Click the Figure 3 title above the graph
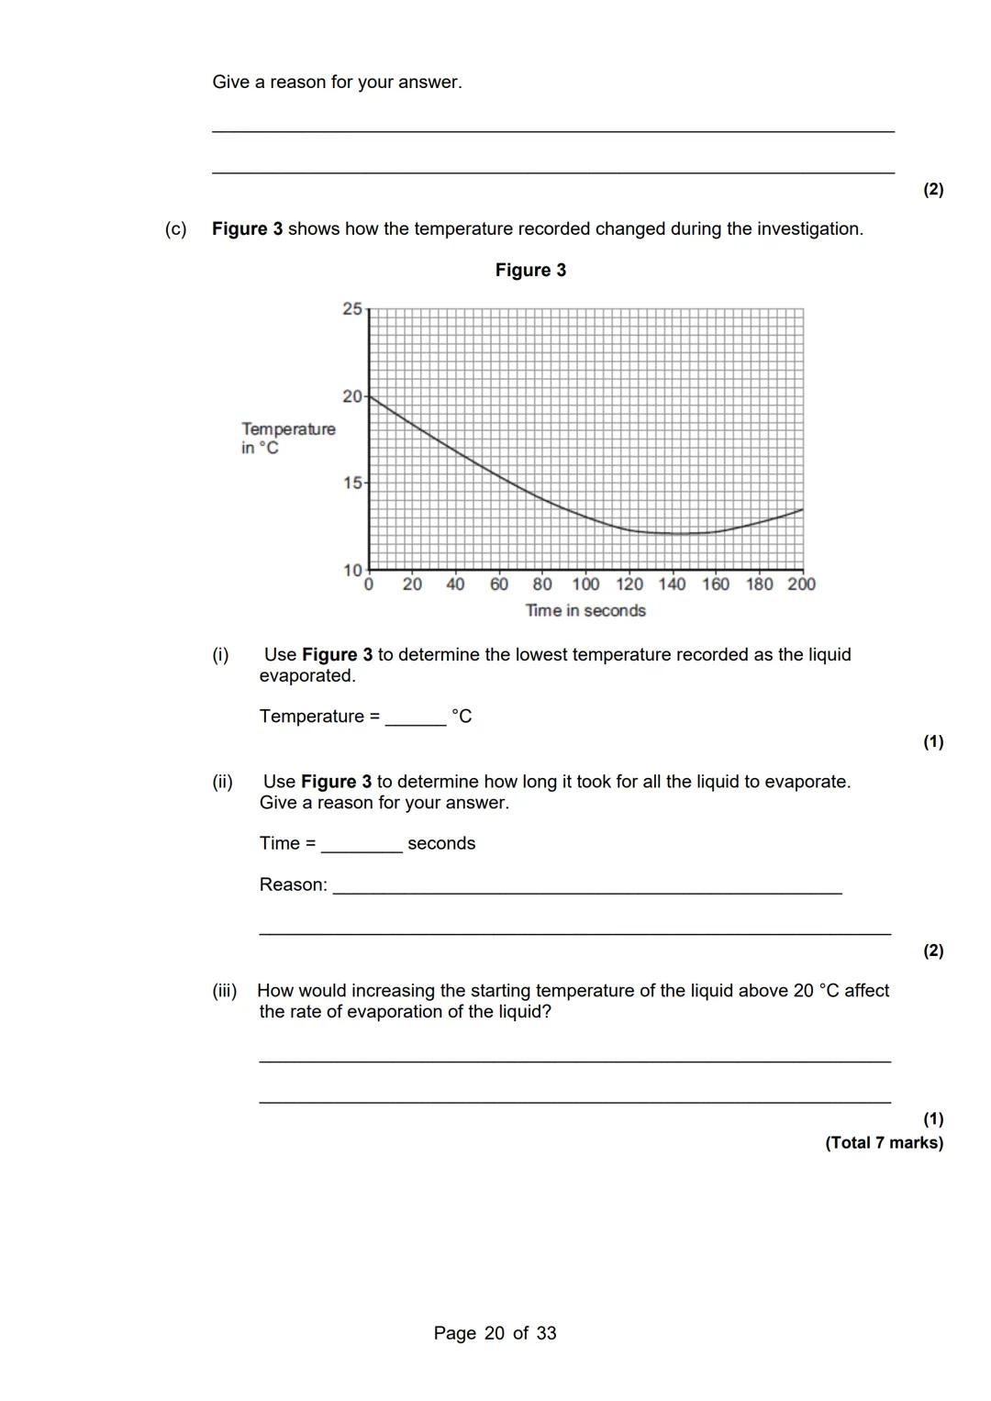tap(530, 270)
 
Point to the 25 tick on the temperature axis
tap(352, 309)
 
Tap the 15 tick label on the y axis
tap(352, 483)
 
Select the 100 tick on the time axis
tap(585, 584)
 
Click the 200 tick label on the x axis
tap(801, 584)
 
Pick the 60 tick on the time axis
tap(499, 584)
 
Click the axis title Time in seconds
tap(585, 611)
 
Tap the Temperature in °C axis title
tap(287, 439)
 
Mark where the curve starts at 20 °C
tap(370, 396)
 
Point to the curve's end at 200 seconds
tap(802, 509)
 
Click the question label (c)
tap(175, 228)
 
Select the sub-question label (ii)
tap(222, 782)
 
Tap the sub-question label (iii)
tap(225, 991)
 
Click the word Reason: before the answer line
tap(293, 884)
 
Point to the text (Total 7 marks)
tap(884, 1142)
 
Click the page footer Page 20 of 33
tap(495, 1333)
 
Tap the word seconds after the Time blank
tap(441, 843)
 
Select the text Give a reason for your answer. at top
tap(337, 82)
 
